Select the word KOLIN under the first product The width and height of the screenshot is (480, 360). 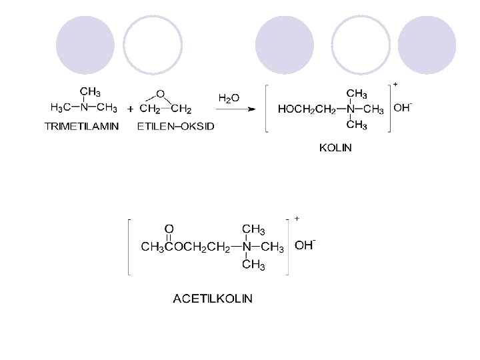coord(335,147)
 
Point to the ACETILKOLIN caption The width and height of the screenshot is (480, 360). coord(213,299)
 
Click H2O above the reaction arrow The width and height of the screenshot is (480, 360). coord(229,97)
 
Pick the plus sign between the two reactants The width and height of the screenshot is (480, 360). coord(130,109)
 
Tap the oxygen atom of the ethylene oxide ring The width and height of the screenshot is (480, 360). coord(160,93)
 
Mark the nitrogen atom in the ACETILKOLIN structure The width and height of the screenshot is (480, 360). coord(247,247)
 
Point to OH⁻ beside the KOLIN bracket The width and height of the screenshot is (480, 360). coord(402,108)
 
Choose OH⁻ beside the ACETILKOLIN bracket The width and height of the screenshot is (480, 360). coord(305,245)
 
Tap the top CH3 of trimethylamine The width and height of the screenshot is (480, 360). coord(91,91)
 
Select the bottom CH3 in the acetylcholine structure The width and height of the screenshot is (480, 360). coord(253,265)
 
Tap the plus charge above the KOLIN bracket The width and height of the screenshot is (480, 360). coord(395,85)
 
